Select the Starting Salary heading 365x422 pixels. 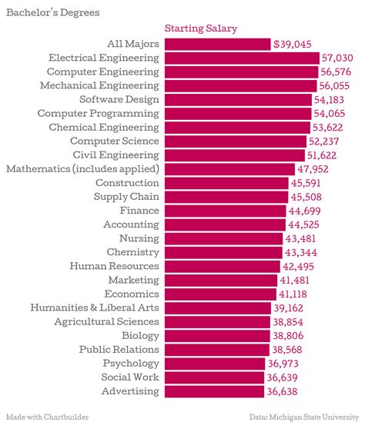pyautogui.click(x=201, y=28)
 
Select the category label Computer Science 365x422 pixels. pyautogui.click(x=115, y=141)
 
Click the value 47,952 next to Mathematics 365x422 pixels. pyautogui.click(x=317, y=169)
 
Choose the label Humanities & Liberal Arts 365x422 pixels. pyautogui.click(x=95, y=307)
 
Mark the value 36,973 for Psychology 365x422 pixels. pyautogui.click(x=286, y=364)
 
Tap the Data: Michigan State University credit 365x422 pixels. pyautogui.click(x=304, y=416)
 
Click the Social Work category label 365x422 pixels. pyautogui.click(x=130, y=377)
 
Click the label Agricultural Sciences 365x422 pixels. pyautogui.click(x=106, y=321)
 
